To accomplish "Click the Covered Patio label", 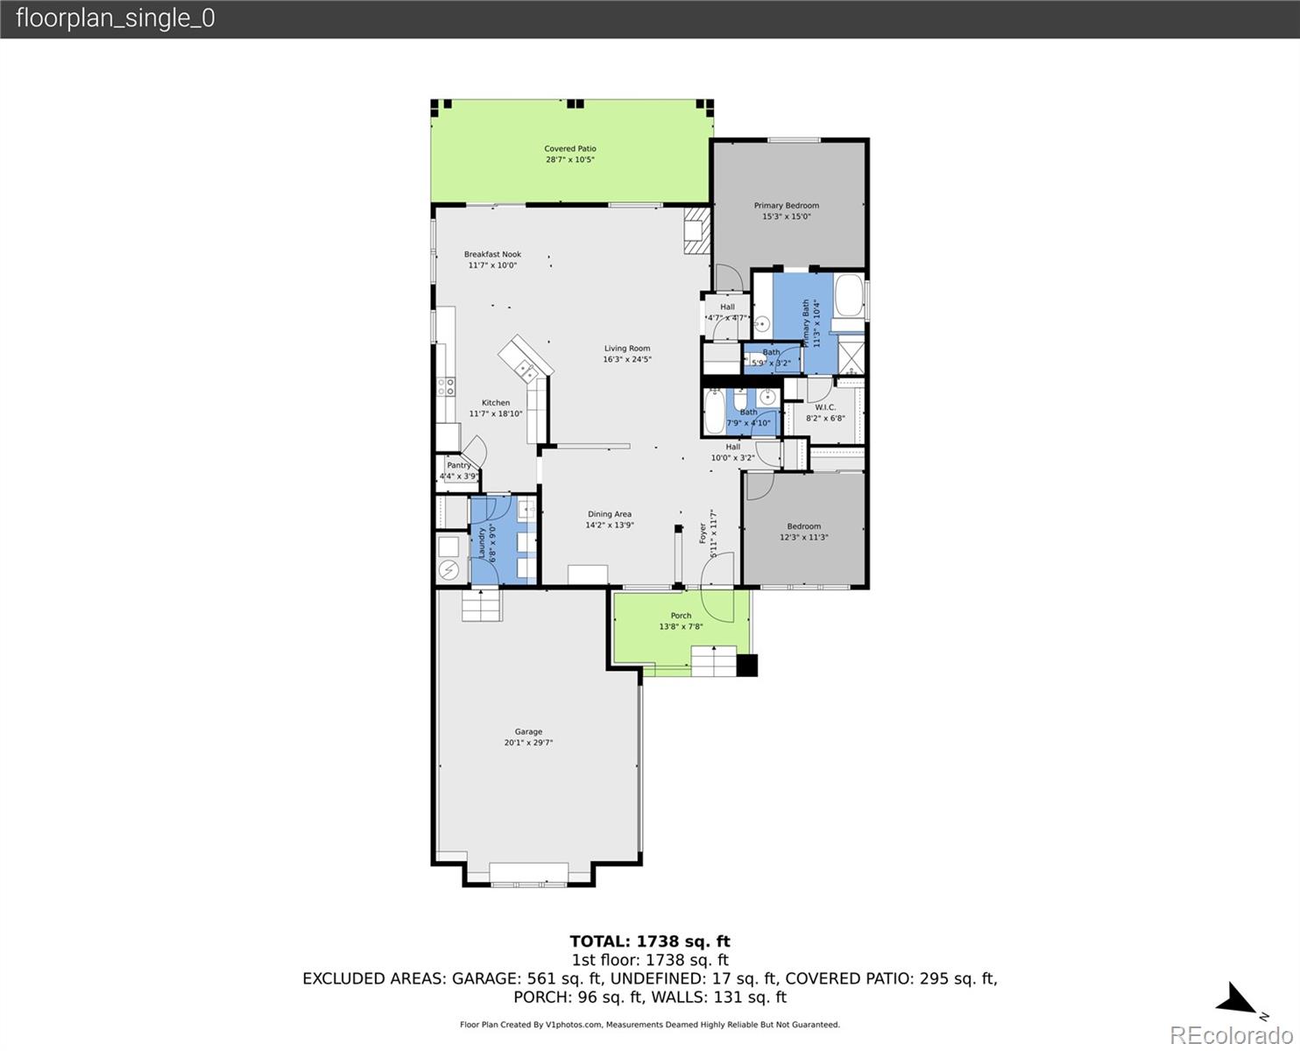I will (569, 149).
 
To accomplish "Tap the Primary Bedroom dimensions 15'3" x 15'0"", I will (786, 216).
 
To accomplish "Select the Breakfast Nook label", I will (492, 254).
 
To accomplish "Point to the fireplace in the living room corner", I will (696, 230).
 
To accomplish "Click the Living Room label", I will (626, 349).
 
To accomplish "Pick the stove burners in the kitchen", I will (447, 386).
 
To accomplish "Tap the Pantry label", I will (458, 465).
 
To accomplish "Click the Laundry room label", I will (482, 542).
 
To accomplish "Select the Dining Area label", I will (609, 514).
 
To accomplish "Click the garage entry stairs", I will (482, 605).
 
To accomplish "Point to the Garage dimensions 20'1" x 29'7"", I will (528, 743).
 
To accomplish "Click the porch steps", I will (714, 660).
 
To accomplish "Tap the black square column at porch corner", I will (746, 666).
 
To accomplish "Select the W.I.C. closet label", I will (825, 407).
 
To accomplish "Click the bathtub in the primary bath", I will (847, 297).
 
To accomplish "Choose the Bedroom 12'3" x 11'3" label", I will (803, 526).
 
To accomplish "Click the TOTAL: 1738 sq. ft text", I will (649, 942).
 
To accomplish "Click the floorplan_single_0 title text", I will (115, 18).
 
